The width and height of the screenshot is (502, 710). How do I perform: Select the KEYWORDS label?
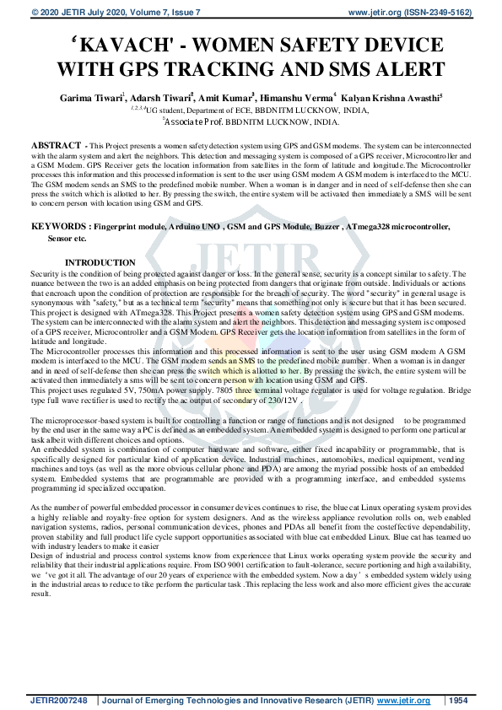(x=59, y=227)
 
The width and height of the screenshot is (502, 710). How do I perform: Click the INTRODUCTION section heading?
(x=100, y=263)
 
